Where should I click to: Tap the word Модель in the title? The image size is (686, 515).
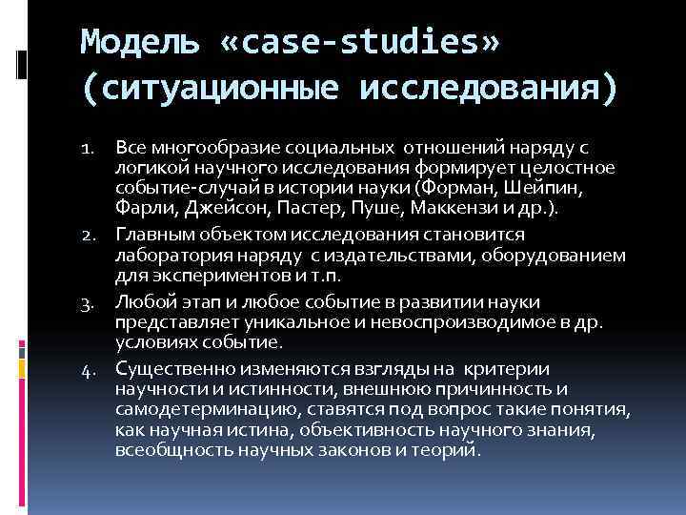point(140,43)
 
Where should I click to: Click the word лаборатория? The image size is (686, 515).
point(173,255)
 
